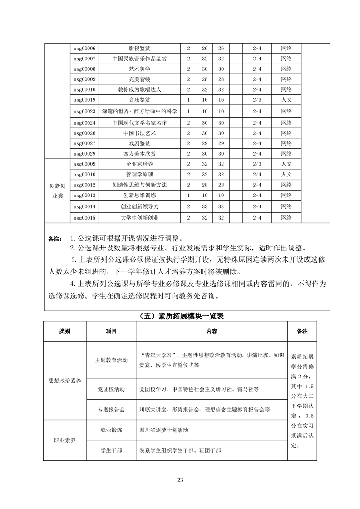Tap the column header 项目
point(111,332)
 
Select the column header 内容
point(212,332)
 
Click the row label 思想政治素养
point(64,381)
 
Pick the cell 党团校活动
point(111,389)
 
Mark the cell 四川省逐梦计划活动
point(164,430)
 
